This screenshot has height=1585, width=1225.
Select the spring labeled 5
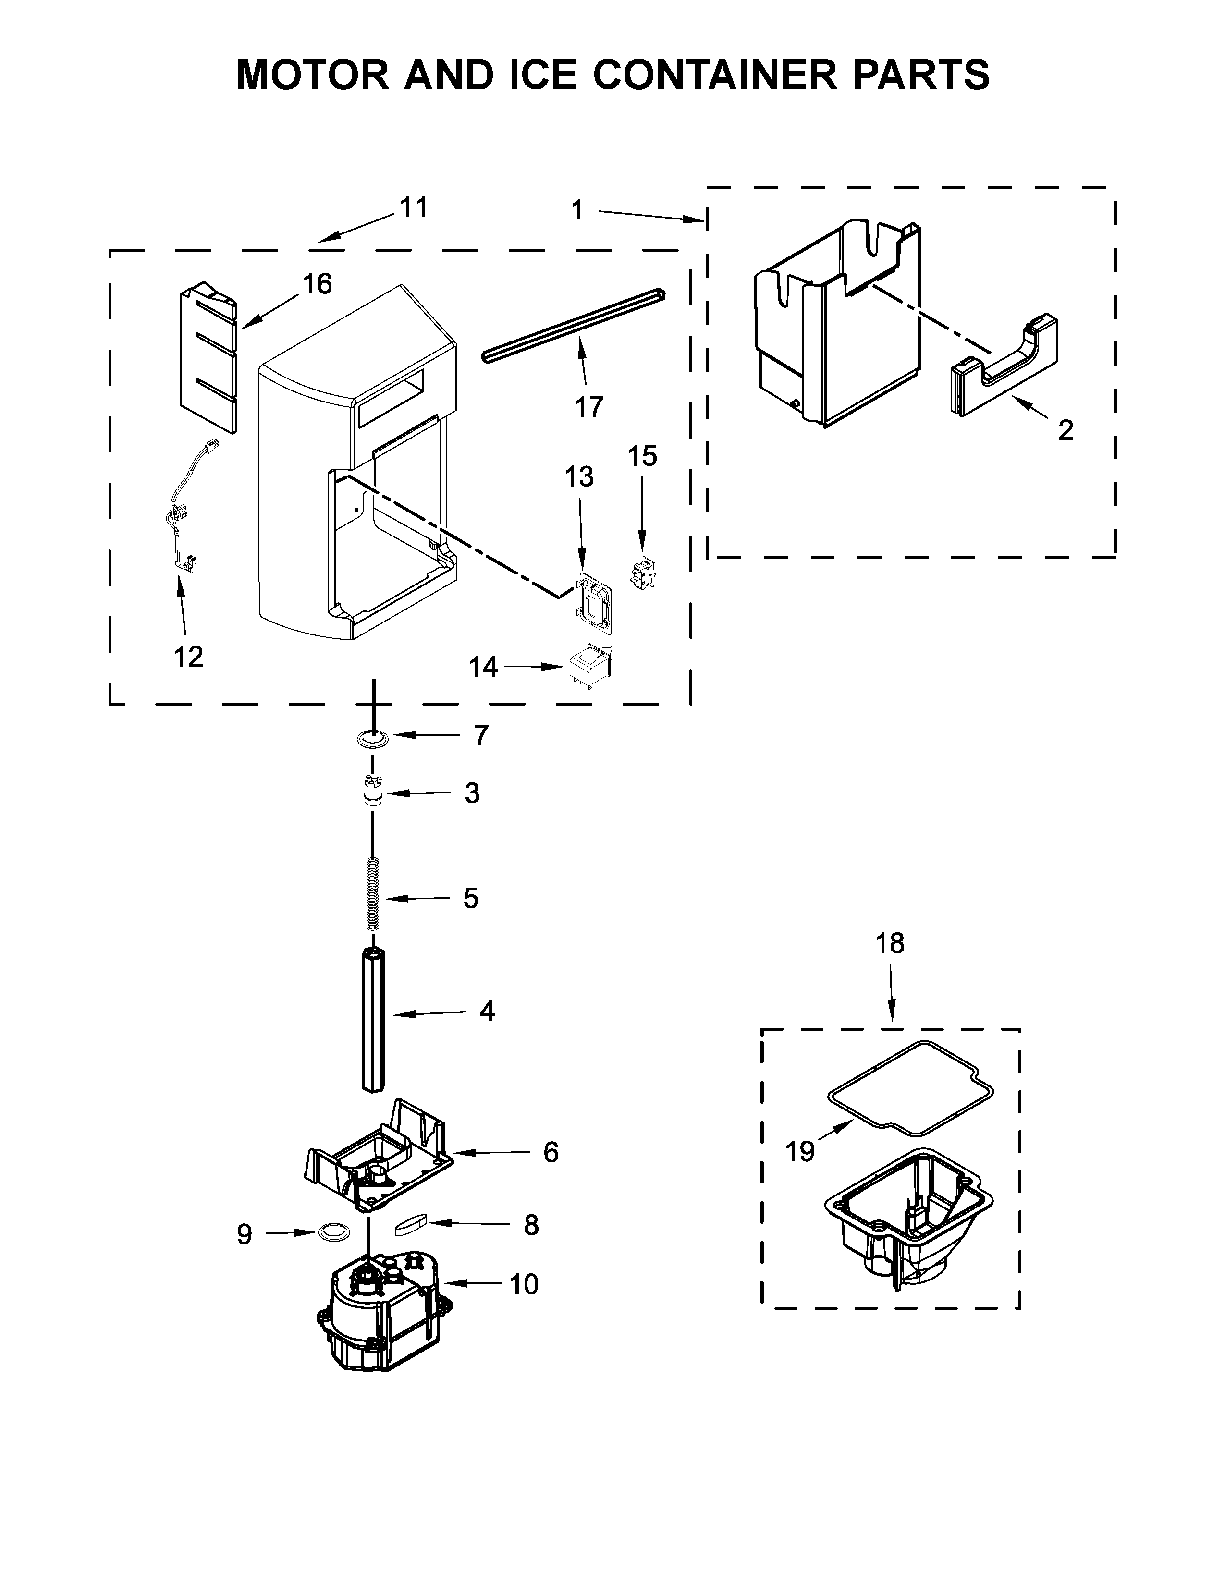(x=372, y=893)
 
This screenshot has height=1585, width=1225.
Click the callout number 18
(x=890, y=943)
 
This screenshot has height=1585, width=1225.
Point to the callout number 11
(x=414, y=207)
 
